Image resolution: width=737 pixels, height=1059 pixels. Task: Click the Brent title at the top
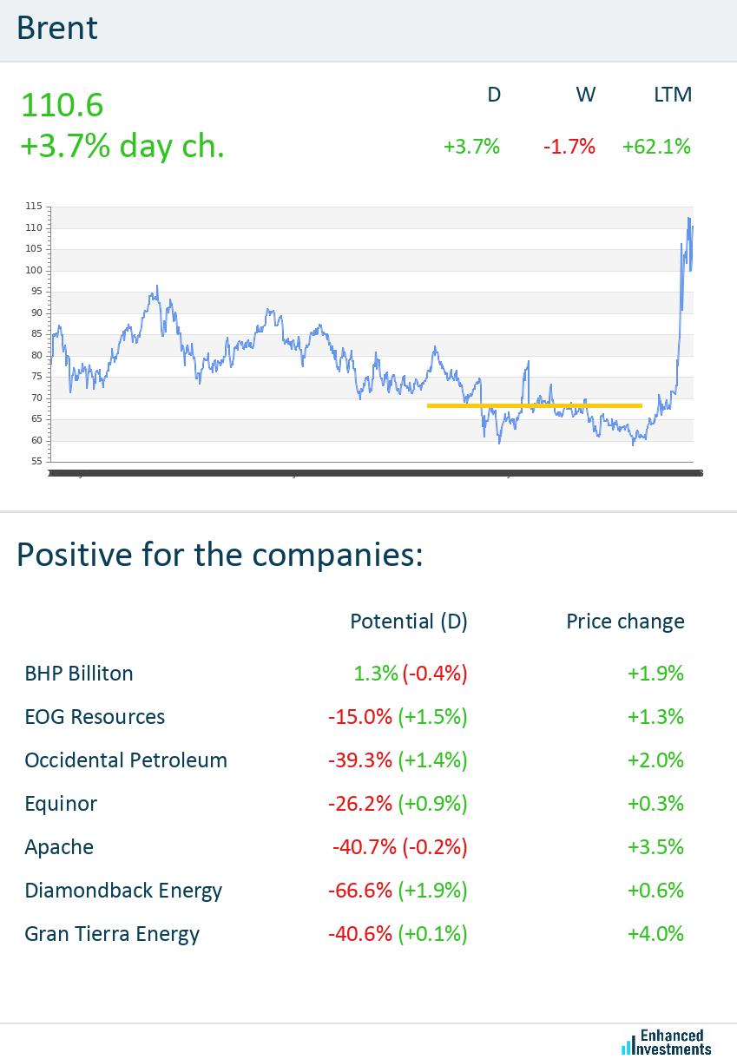point(57,29)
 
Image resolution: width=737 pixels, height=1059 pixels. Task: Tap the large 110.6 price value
point(62,105)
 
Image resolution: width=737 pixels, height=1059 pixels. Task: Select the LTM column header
point(673,95)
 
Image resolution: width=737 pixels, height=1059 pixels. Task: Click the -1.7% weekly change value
point(569,147)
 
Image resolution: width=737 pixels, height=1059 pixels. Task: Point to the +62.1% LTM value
point(656,147)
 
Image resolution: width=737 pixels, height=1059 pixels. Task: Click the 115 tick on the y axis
point(34,207)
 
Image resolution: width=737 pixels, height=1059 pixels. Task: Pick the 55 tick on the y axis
point(36,462)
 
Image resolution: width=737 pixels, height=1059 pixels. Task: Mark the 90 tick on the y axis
point(36,312)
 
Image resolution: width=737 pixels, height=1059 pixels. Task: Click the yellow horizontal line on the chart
point(534,405)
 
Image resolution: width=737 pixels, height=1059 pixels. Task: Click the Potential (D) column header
point(408,622)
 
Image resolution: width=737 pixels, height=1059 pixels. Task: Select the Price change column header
point(625,622)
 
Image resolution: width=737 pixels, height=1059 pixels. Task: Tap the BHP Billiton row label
point(79,674)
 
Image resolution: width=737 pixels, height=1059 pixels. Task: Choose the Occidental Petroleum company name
point(126,760)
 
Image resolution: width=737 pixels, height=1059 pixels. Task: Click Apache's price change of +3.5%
point(655,847)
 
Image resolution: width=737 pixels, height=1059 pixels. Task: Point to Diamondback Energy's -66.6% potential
point(360,891)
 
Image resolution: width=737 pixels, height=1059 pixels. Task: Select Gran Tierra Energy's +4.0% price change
point(655,934)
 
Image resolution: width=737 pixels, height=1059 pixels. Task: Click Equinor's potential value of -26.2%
point(360,804)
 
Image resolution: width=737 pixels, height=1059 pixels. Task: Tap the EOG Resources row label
point(95,717)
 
